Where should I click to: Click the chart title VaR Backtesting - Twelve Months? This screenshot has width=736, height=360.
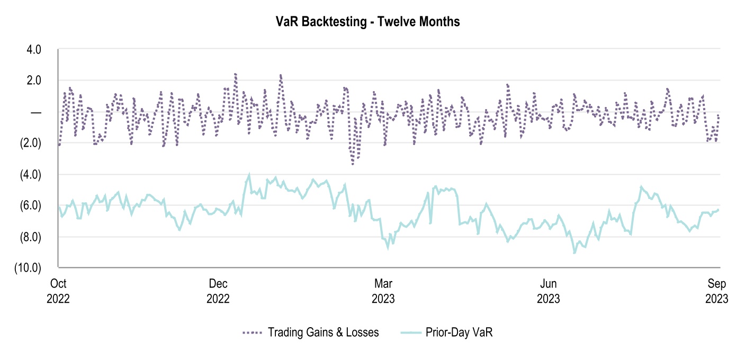pos(367,22)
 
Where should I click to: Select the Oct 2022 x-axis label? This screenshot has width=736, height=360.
pos(58,290)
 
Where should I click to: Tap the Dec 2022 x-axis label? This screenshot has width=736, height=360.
pos(218,290)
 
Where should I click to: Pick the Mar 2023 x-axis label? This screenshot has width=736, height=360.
pos(383,290)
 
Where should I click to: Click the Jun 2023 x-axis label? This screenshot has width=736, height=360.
pos(548,290)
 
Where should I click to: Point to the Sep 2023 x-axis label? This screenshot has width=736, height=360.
pos(716,290)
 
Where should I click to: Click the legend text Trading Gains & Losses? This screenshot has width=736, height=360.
pos(323,332)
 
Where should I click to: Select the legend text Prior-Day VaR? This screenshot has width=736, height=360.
pos(459,332)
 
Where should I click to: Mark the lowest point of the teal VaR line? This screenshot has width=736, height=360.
pos(574,253)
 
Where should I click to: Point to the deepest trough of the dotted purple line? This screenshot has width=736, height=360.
pos(353,164)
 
